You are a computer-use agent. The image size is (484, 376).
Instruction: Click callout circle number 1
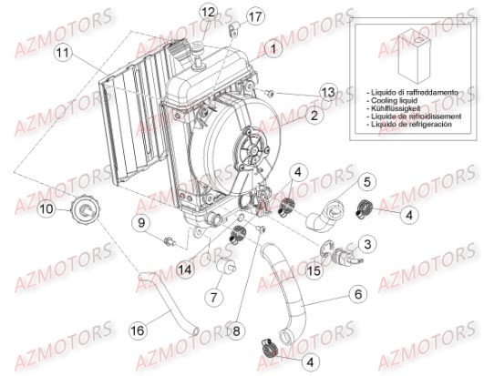click(x=271, y=46)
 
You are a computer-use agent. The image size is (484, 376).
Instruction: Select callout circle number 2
click(x=313, y=116)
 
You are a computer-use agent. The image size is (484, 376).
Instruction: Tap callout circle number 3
click(x=366, y=244)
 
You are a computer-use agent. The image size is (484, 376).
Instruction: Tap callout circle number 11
click(x=61, y=54)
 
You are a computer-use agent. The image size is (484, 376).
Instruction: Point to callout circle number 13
click(x=327, y=91)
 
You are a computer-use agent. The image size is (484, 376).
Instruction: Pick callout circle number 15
click(x=313, y=271)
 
